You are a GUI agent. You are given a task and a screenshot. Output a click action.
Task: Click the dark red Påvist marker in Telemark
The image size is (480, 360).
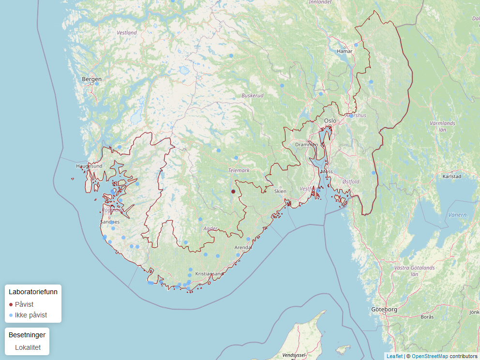coord(233,192)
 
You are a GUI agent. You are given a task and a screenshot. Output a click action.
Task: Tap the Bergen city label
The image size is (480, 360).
coord(92,79)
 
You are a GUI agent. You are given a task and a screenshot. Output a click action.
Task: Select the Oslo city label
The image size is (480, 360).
coord(330,120)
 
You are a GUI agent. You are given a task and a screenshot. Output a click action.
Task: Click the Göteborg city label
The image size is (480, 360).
coord(384,309)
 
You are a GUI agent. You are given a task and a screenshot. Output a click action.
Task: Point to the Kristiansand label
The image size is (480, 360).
coord(209,274)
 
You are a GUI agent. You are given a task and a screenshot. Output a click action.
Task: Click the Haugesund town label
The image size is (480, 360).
coord(89,166)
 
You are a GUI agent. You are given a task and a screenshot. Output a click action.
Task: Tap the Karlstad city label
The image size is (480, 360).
coord(451,177)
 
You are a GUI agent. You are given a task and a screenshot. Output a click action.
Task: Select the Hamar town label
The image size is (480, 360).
coord(345,51)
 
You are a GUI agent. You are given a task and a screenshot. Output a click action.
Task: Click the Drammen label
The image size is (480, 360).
coord(307,145)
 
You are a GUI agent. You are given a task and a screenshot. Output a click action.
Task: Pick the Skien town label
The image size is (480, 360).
coord(280,191)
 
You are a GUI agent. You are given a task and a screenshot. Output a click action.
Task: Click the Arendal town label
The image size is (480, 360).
coord(243,247)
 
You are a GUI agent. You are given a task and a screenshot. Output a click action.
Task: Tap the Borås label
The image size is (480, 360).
coord(427,317)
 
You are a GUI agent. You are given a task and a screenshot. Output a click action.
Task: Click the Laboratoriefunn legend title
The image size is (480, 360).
coord(33,292)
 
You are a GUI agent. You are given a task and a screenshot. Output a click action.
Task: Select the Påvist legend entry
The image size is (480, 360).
coord(24,304)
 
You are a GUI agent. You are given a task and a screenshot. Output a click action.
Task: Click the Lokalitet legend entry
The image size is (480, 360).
coord(28,347)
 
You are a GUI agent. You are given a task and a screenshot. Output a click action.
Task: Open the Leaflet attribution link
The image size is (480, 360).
coord(394,356)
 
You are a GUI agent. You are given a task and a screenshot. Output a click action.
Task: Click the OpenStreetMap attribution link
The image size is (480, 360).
coord(430,356)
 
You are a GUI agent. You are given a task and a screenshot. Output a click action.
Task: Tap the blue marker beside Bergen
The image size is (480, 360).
coord(97,84)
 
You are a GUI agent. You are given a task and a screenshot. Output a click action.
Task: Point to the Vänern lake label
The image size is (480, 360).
coord(458,215)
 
